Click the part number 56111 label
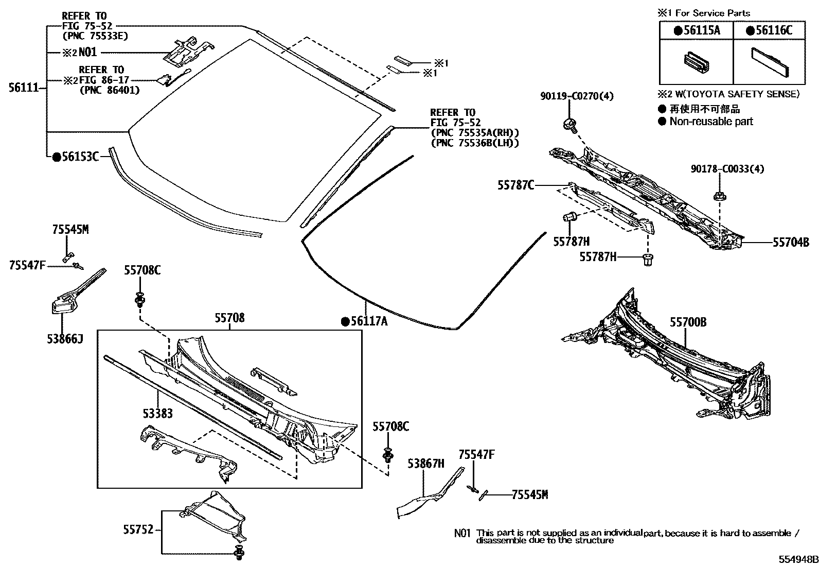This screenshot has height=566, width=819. (x=24, y=88)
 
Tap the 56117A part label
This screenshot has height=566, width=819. (x=368, y=322)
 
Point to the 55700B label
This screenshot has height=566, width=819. (x=688, y=322)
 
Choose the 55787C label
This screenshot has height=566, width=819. (x=515, y=185)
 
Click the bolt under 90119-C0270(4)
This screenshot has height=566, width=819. (x=569, y=124)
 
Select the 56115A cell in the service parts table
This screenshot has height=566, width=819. (x=697, y=30)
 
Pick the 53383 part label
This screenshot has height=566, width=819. (x=157, y=414)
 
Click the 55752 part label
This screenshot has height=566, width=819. (x=138, y=529)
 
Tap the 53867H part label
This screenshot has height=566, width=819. (x=425, y=464)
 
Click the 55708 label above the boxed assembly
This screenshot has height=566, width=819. (x=229, y=318)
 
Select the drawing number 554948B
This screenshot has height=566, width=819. (x=797, y=559)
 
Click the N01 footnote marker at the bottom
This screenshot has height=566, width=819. (x=462, y=534)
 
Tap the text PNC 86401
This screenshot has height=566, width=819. (x=110, y=91)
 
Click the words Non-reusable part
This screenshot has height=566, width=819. (x=711, y=122)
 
